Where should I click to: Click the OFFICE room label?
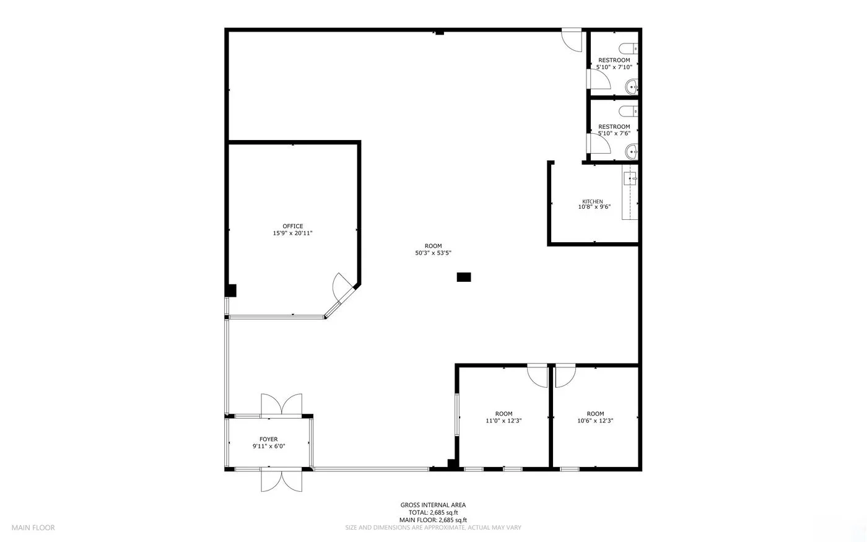pyautogui.click(x=292, y=226)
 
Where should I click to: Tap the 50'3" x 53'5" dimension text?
pyautogui.click(x=433, y=253)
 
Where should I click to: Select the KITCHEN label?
pyautogui.click(x=593, y=201)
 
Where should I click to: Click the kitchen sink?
pyautogui.click(x=630, y=178)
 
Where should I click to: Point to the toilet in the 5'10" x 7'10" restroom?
pyautogui.click(x=628, y=49)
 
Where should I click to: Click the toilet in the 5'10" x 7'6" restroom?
pyautogui.click(x=628, y=111)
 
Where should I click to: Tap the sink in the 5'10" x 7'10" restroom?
pyautogui.click(x=632, y=87)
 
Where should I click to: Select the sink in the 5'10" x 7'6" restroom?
pyautogui.click(x=632, y=152)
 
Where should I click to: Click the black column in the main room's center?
pyautogui.click(x=464, y=278)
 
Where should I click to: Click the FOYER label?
pyautogui.click(x=269, y=439)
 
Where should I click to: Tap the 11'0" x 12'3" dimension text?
pyautogui.click(x=503, y=421)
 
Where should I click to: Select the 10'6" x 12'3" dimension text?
pyautogui.click(x=595, y=421)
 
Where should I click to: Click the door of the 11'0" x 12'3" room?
pyautogui.click(x=538, y=375)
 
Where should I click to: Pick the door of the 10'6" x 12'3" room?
pyautogui.click(x=565, y=375)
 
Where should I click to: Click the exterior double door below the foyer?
pyautogui.click(x=281, y=480)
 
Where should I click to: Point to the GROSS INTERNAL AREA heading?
pyautogui.click(x=433, y=505)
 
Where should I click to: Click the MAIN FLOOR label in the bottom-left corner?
pyautogui.click(x=33, y=528)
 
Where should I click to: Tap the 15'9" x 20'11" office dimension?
pyautogui.click(x=292, y=234)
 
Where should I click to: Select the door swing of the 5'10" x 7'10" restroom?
pyautogui.click(x=599, y=79)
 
